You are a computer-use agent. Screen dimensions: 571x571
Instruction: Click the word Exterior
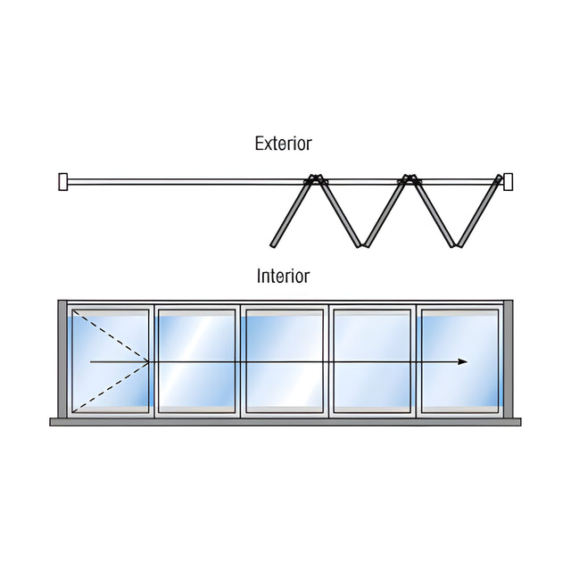284,144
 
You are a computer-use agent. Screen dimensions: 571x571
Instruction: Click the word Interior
284,276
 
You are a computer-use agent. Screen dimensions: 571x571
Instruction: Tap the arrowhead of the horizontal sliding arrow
462,361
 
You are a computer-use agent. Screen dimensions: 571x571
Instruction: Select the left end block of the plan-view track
63,182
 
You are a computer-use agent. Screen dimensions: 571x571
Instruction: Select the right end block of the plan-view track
508,182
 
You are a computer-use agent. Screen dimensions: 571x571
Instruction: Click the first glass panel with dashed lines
111,361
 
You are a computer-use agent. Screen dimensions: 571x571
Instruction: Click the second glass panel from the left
196,361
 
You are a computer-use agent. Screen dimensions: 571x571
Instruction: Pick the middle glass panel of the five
285,361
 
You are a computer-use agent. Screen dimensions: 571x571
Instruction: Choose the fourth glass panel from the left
372,361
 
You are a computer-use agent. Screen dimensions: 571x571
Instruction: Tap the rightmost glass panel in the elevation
459,361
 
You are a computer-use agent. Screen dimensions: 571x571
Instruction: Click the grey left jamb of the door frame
62,359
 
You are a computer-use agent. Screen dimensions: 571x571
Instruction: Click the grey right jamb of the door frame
509,359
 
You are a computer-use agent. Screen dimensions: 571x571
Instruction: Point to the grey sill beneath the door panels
285,422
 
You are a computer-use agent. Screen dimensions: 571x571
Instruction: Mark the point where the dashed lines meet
149,361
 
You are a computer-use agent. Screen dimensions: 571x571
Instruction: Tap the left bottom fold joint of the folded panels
362,244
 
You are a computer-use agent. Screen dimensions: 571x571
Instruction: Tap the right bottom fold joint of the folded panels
456,244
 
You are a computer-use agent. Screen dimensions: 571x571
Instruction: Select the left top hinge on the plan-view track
315,178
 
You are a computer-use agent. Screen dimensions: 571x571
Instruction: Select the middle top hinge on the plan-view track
410,178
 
